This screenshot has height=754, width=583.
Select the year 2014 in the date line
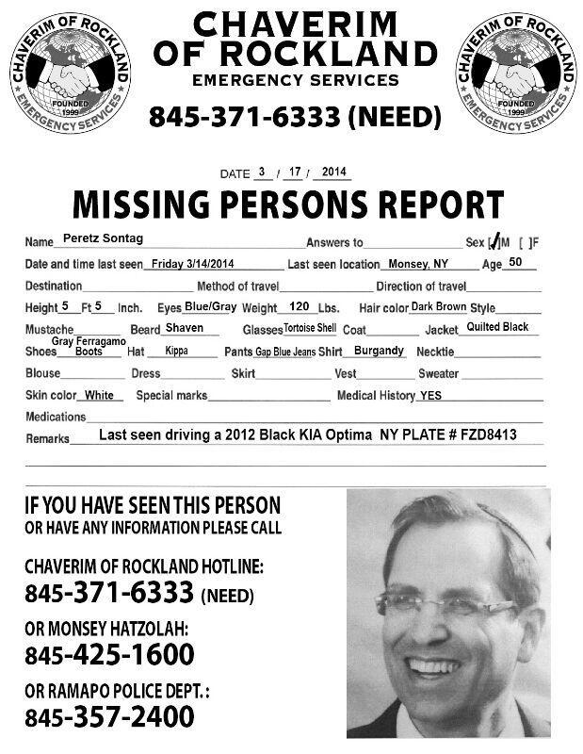click(334, 172)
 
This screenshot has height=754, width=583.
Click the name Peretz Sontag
click(103, 239)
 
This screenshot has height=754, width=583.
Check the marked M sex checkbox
click(493, 242)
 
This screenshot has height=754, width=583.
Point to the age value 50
click(515, 262)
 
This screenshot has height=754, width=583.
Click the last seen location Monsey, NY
click(416, 265)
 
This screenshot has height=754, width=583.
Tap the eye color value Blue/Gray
click(210, 306)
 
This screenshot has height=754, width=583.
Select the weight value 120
click(299, 306)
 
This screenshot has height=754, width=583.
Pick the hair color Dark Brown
click(438, 307)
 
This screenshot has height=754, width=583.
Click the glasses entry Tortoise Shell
click(310, 329)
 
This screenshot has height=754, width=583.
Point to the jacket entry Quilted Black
click(497, 327)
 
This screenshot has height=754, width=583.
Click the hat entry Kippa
click(177, 351)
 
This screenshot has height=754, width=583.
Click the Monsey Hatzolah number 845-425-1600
click(109, 653)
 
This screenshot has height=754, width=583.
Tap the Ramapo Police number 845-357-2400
click(109, 715)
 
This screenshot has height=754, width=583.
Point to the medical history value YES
click(429, 396)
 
